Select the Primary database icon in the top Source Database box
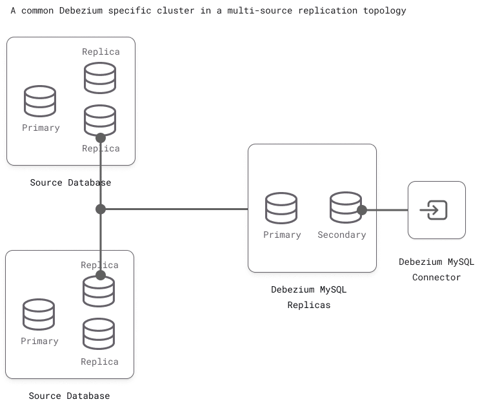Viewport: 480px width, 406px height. tap(40, 101)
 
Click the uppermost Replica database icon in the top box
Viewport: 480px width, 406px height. tap(100, 77)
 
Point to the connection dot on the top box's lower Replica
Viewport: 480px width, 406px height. tap(101, 137)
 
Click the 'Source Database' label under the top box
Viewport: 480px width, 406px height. tap(70, 182)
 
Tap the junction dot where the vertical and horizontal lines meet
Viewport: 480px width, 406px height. tap(101, 209)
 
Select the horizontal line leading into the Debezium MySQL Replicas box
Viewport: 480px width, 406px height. tap(174, 209)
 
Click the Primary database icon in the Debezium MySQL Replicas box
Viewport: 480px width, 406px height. tap(281, 208)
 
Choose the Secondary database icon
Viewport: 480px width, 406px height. tap(345, 208)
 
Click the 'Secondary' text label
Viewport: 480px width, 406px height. tap(341, 235)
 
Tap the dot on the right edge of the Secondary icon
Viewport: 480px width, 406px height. tap(362, 210)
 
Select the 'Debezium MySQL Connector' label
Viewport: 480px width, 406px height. tap(436, 269)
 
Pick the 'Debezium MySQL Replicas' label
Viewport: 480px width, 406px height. tap(308, 297)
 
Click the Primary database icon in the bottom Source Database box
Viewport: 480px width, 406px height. tap(39, 314)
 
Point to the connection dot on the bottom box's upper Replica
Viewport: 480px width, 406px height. tap(101, 275)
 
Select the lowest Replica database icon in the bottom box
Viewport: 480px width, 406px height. tap(99, 334)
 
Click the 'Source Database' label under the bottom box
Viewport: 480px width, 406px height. tap(70, 396)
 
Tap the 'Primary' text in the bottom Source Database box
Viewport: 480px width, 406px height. tap(39, 341)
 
